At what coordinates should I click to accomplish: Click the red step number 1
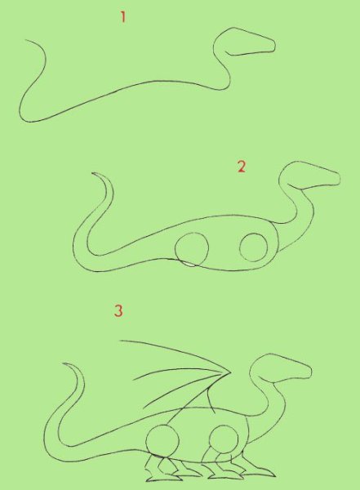click(x=123, y=17)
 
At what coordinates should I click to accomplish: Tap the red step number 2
click(x=242, y=167)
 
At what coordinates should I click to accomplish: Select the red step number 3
click(x=118, y=310)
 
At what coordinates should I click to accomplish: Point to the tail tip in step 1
click(x=25, y=40)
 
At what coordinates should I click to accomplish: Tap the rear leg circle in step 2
click(x=192, y=249)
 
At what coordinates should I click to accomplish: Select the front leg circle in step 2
click(x=254, y=247)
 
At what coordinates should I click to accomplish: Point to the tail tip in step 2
click(x=92, y=173)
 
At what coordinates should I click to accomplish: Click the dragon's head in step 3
click(x=282, y=368)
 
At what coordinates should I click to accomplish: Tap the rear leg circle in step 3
click(x=162, y=441)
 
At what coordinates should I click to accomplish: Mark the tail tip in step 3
click(x=64, y=363)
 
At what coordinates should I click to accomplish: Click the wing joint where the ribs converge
click(x=230, y=372)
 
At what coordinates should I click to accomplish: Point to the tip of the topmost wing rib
click(x=120, y=341)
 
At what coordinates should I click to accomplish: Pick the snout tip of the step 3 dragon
click(x=311, y=370)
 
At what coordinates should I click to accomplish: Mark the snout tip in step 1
click(x=274, y=45)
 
